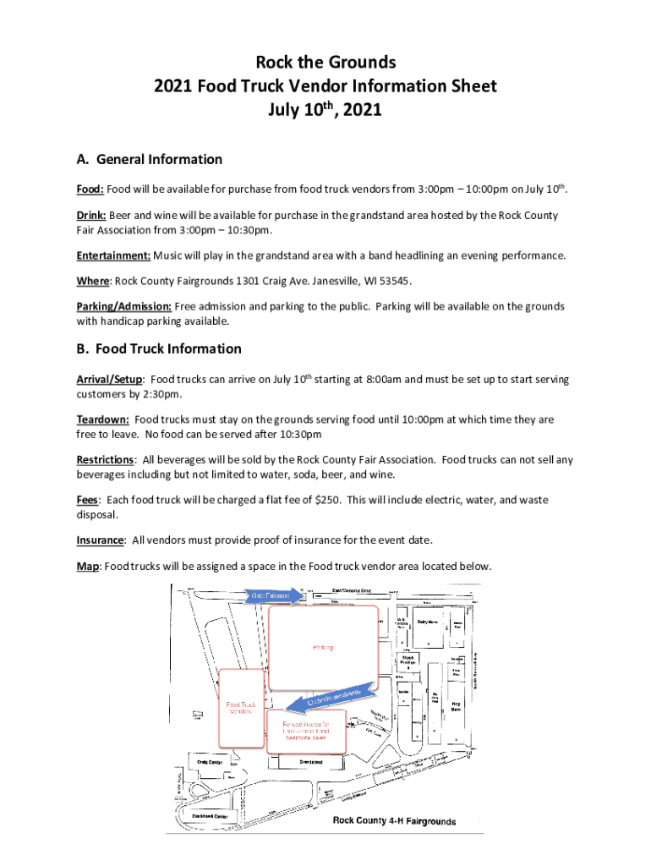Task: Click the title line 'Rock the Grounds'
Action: point(325,62)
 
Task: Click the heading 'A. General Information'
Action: point(150,159)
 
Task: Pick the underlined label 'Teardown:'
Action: point(103,419)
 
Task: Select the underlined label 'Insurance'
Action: point(101,540)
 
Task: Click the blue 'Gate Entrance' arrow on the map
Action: point(271,596)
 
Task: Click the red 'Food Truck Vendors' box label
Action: point(241,707)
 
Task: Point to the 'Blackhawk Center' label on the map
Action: point(208,816)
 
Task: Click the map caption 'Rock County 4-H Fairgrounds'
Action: point(394,821)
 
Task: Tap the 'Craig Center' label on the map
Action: point(210,761)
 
